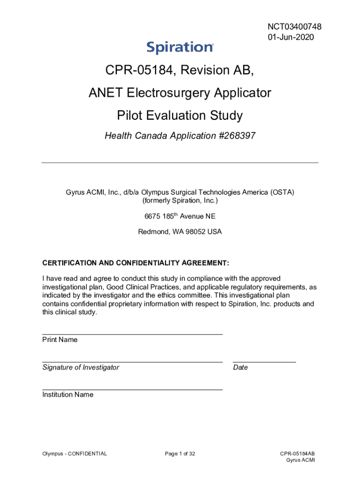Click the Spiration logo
(180, 47)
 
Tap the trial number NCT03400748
(295, 27)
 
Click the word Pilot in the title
(131, 115)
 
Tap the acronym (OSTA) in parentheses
(282, 192)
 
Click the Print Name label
(60, 340)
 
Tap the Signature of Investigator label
(80, 367)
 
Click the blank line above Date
(264, 362)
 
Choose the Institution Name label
(68, 394)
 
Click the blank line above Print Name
(132, 334)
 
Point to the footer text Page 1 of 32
(180, 453)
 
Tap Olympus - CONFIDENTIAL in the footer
(74, 453)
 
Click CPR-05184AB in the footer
(297, 453)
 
